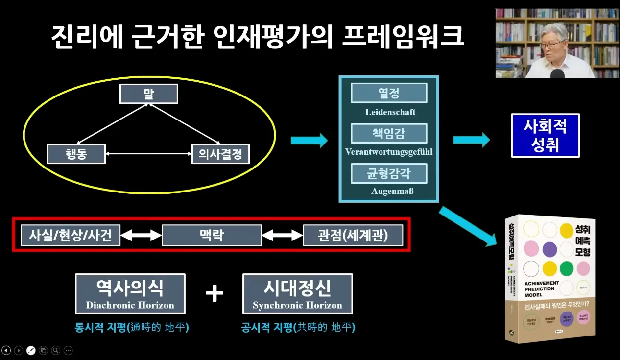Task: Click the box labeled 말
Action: pos(148,94)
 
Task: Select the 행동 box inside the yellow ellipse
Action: pos(76,154)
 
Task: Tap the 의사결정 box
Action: pos(220,154)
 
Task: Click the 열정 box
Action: pos(389,93)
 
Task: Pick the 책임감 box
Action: pos(389,133)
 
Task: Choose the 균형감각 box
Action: pos(389,173)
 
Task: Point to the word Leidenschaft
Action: pos(390,112)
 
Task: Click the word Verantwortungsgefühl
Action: pos(389,152)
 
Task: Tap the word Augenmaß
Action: pos(390,191)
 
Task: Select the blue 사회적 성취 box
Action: pos(545,135)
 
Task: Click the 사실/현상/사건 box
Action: pos(70,235)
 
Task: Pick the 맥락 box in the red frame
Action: pos(212,235)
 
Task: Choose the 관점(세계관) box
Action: pos(353,235)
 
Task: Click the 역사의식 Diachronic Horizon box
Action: pos(130,294)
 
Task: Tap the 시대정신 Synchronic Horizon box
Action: pos(297,294)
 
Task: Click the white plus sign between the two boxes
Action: pos(214,294)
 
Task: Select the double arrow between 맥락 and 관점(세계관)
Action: pos(282,236)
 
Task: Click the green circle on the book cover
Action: pos(566,268)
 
